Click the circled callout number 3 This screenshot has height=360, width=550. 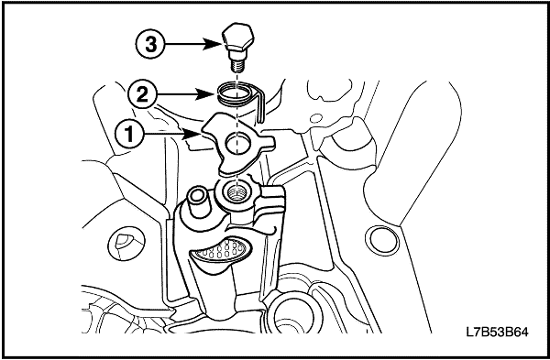151,45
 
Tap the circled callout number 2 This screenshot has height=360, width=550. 142,94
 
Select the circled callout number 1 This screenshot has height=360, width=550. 129,134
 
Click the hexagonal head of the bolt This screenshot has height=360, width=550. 237,37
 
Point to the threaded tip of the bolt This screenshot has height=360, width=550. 238,66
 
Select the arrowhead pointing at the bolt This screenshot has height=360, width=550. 214,45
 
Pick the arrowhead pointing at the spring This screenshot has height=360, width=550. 205,94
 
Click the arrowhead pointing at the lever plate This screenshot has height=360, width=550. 192,134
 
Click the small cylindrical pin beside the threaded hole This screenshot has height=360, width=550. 199,201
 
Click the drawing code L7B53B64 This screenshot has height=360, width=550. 497,332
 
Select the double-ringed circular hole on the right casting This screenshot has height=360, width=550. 382,241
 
